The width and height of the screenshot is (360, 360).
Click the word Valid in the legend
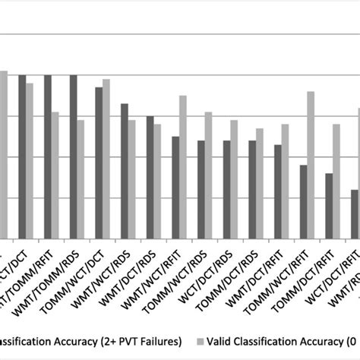point(225,339)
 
